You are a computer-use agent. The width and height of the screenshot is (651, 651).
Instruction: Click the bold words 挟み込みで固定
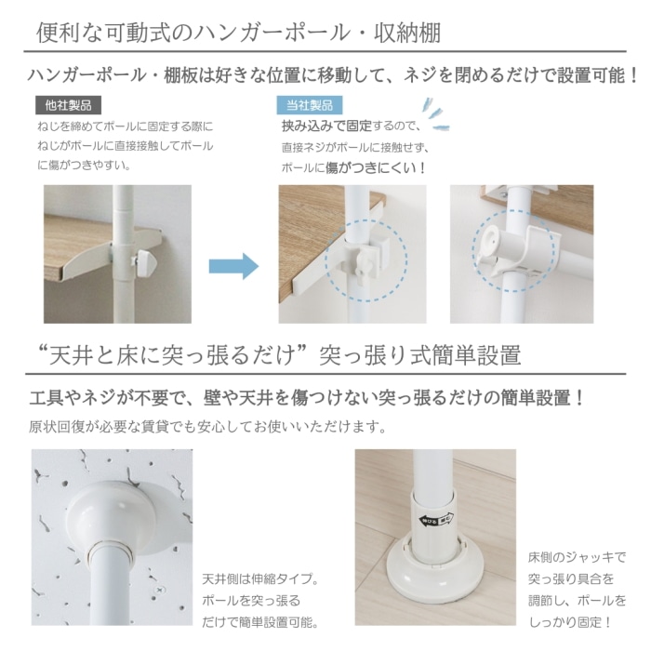coord(325,126)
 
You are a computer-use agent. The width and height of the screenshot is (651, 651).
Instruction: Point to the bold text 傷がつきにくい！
coord(376,168)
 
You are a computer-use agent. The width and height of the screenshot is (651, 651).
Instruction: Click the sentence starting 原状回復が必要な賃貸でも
coord(207,428)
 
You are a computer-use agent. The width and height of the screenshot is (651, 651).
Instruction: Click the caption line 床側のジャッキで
coord(577,557)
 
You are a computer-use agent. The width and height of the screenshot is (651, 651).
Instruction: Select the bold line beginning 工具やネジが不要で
coord(308,398)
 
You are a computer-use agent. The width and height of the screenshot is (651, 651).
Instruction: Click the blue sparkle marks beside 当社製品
coord(430,107)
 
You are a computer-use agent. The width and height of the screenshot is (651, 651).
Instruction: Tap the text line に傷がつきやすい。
coord(83,166)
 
